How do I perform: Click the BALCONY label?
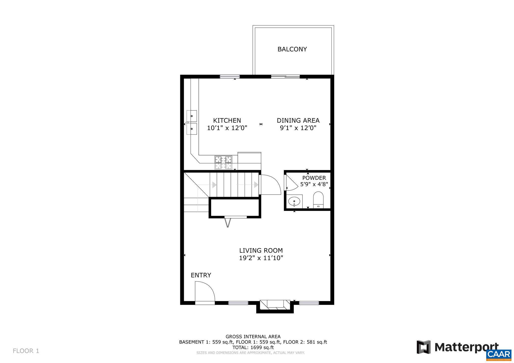[292, 49]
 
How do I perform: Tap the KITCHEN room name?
[227, 120]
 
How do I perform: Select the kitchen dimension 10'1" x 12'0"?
[227, 128]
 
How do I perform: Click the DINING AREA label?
[298, 120]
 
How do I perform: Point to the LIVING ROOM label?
[261, 251]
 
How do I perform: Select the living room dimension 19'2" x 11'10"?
[261, 258]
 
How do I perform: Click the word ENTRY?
[201, 275]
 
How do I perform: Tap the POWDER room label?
[314, 178]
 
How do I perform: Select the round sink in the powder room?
[294, 201]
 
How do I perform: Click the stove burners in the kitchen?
[223, 163]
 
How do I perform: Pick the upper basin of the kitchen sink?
[192, 116]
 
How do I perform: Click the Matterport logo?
[457, 347]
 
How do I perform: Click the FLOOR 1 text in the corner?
[26, 351]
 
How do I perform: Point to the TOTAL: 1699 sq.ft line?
[253, 347]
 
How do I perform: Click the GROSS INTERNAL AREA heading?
[253, 337]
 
